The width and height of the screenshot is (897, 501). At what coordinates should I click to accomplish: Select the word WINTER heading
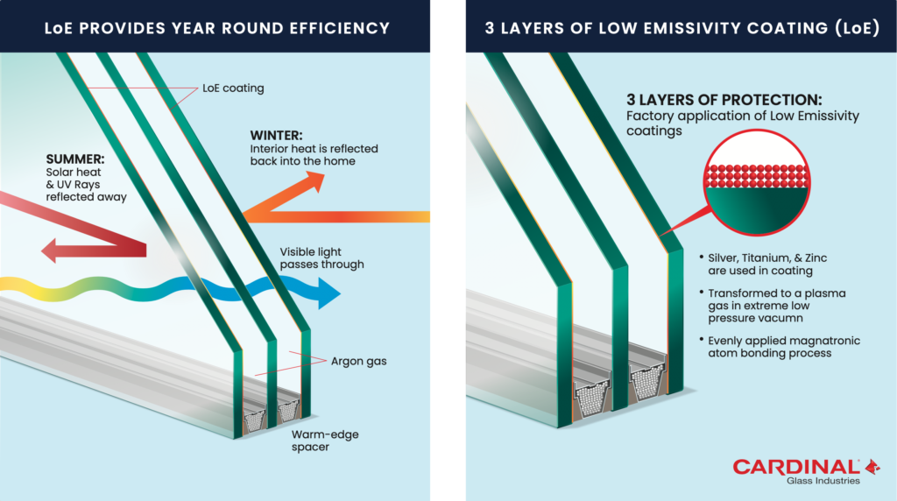(x=277, y=136)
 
